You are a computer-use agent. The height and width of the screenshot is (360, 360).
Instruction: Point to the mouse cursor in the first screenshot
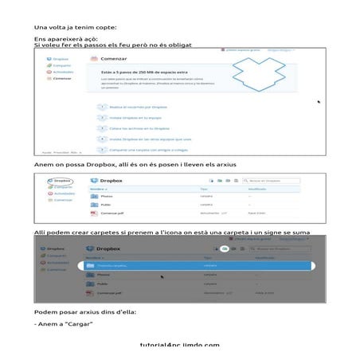coord(319,102)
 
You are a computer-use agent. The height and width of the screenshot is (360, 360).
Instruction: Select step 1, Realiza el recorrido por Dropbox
coord(131,106)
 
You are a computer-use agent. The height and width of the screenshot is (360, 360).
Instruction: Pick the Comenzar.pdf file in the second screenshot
coord(113,213)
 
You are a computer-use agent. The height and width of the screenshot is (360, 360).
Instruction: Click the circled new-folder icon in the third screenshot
coord(225,249)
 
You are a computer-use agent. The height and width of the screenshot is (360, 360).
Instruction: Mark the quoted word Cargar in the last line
coord(80,323)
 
